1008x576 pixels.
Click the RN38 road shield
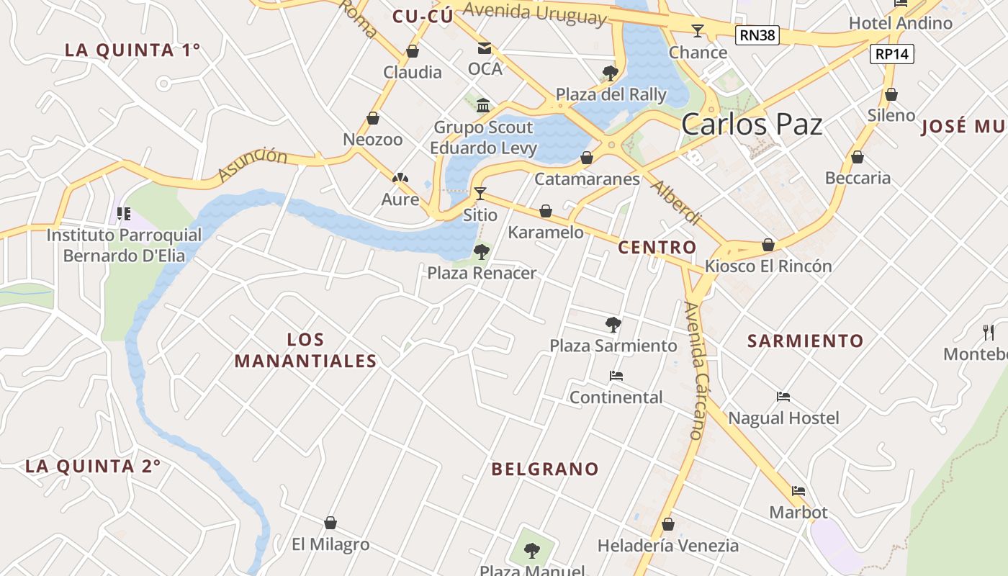pos(757,35)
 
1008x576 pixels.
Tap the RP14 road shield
pos(892,53)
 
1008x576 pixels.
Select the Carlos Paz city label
pos(752,125)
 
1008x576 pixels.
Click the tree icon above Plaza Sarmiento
pos(613,324)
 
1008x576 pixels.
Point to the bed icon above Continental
pos(616,376)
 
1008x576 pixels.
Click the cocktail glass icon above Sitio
pos(480,193)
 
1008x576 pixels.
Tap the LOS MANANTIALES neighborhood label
pos(305,350)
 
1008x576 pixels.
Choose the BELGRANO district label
pos(545,469)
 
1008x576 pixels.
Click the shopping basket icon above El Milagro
pos(330,523)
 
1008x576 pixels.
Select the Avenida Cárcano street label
pos(695,370)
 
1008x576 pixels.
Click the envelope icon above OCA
pos(485,48)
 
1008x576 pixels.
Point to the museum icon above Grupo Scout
pos(483,106)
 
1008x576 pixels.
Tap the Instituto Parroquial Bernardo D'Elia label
pos(124,246)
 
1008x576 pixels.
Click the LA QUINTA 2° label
pos(93,466)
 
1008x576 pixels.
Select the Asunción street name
pos(252,165)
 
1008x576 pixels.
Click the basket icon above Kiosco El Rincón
pos(768,245)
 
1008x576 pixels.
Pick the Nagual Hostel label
pos(783,418)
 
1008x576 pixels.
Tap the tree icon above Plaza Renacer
pos(481,252)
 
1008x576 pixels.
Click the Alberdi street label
pos(675,202)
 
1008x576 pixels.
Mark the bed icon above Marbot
pos(798,491)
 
